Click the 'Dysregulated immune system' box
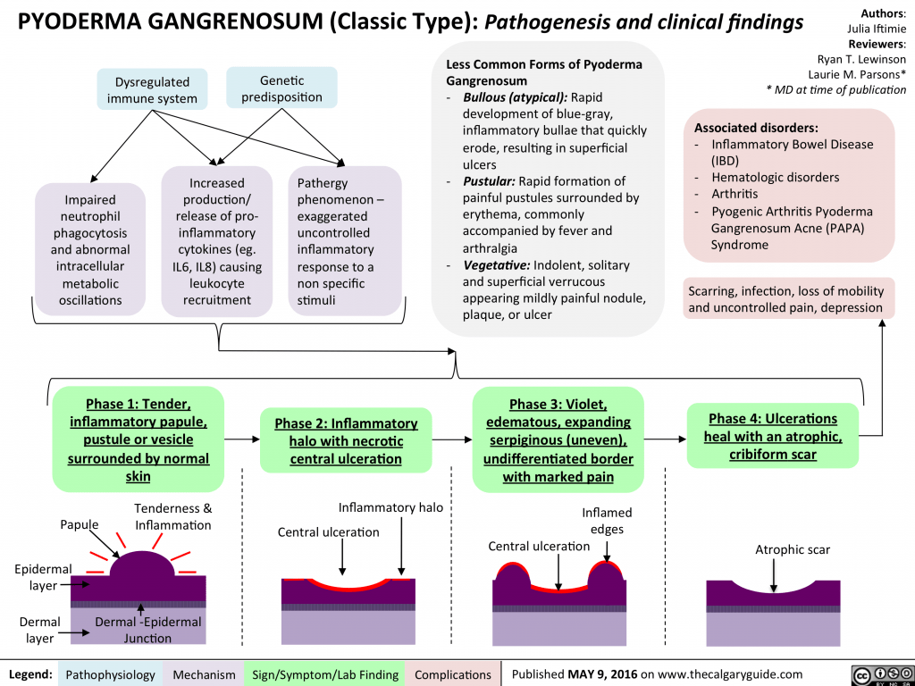152,90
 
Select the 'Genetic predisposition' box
281,88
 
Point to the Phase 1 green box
139,439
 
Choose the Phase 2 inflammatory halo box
346,440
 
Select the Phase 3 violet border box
558,439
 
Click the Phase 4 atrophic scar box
772,436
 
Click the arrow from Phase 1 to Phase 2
241,439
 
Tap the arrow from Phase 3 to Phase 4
664,439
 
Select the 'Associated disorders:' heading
756,127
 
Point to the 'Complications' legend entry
453,673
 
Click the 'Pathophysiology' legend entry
111,673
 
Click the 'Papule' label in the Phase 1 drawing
79,523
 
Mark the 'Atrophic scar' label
793,549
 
